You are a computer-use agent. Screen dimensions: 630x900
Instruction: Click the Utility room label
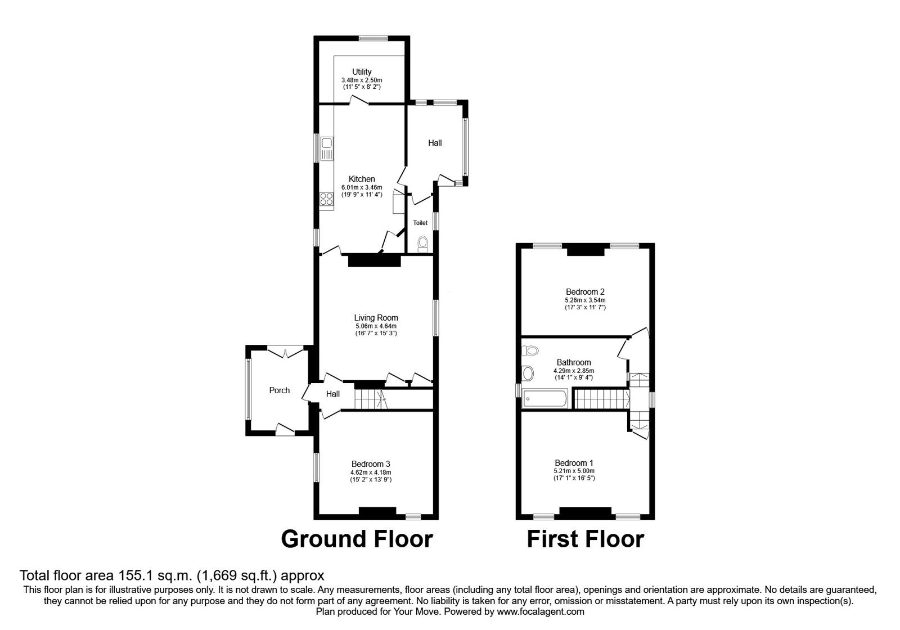point(362,72)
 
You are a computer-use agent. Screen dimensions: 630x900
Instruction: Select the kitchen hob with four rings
point(326,199)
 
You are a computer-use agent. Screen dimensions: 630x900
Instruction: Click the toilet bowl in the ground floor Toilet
point(423,243)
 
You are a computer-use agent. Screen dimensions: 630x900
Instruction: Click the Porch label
point(280,390)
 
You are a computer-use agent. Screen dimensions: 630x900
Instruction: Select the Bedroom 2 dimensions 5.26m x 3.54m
point(585,300)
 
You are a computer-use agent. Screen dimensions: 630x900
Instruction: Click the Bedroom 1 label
point(585,463)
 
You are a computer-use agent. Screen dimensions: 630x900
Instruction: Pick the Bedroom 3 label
point(370,464)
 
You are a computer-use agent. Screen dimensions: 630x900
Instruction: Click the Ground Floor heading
point(357,538)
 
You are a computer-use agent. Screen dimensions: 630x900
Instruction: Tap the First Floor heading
point(585,538)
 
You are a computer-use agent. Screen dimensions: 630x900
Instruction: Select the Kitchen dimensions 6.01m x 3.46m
point(362,187)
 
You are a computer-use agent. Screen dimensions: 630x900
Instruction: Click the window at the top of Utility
point(373,38)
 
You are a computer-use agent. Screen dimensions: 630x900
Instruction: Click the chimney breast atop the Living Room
point(374,260)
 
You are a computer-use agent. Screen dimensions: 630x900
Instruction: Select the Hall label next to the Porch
point(333,394)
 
